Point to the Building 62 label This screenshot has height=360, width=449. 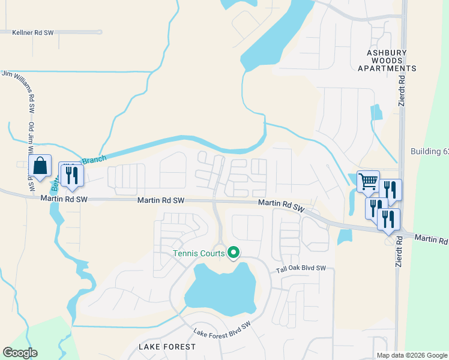click(x=429, y=151)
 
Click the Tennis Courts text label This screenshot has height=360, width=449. click(x=199, y=253)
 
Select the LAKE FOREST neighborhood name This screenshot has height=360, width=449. click(x=167, y=347)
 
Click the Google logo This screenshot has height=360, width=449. click(x=20, y=353)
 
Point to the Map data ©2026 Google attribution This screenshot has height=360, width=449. click(x=412, y=355)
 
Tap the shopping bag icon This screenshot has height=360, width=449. click(x=40, y=167)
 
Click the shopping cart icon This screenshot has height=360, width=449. click(x=367, y=181)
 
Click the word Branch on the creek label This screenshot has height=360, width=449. click(x=94, y=160)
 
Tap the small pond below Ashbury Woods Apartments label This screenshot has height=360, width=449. click(x=376, y=112)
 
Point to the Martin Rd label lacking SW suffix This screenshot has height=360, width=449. click(x=431, y=239)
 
